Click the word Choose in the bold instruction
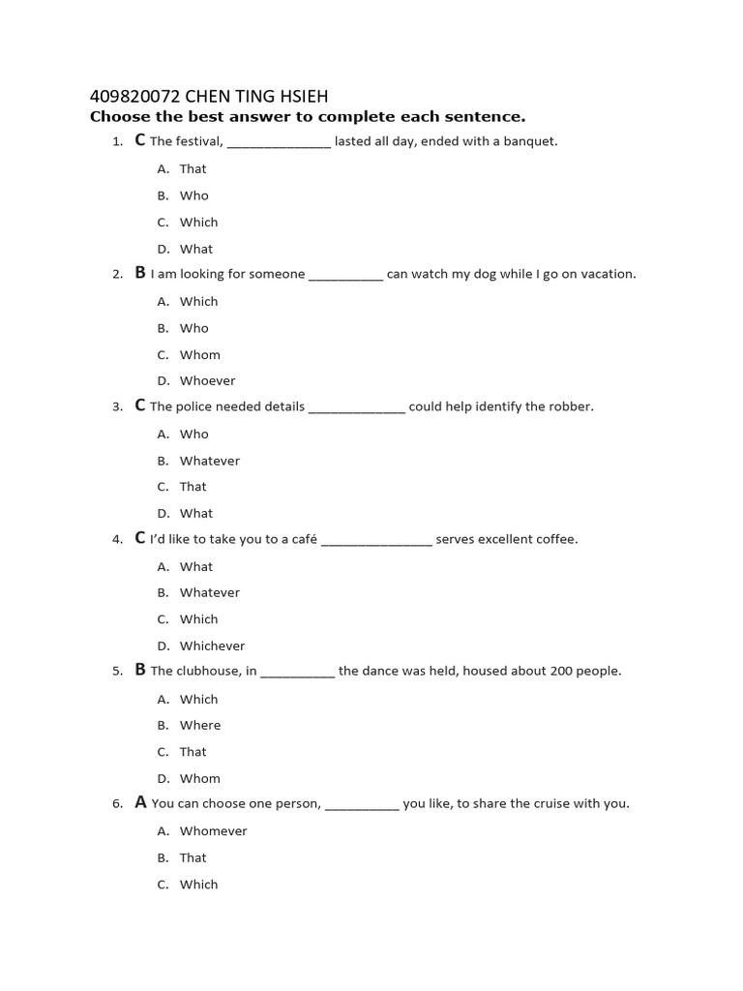tap(118, 117)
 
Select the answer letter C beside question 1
tap(140, 140)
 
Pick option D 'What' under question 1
tap(195, 249)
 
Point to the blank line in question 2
tap(345, 275)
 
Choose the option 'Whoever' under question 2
tap(207, 380)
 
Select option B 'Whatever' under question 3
tap(209, 461)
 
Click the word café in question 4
tap(305, 539)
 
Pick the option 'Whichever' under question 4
tap(212, 646)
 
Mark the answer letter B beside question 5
tap(140, 670)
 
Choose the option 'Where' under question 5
tap(199, 725)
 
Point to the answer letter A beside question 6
tap(141, 802)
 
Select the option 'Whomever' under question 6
tap(213, 830)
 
